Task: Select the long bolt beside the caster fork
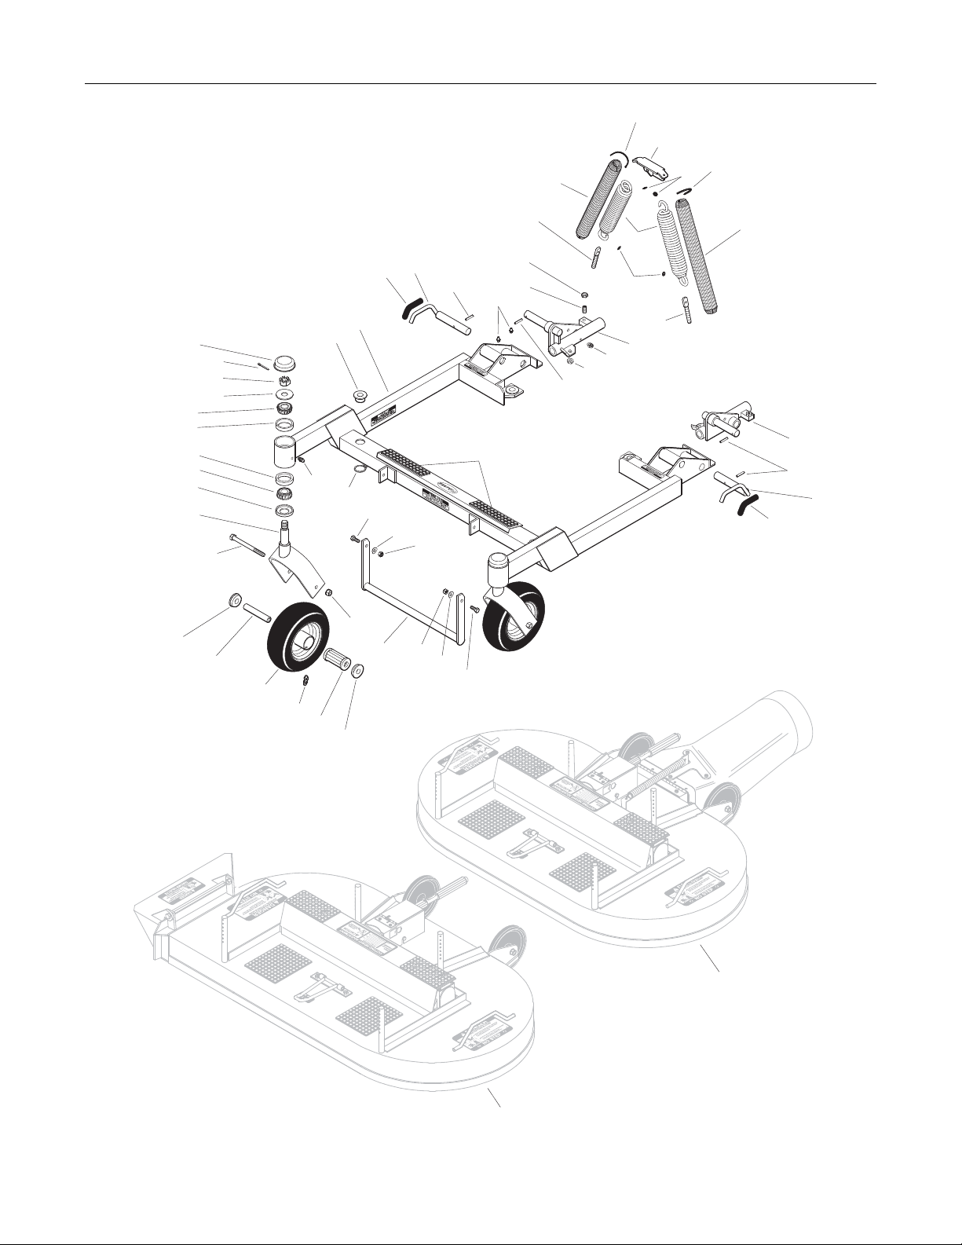245,544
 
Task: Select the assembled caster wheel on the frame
514,616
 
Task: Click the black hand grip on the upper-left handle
412,307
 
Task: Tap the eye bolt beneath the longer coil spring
687,309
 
